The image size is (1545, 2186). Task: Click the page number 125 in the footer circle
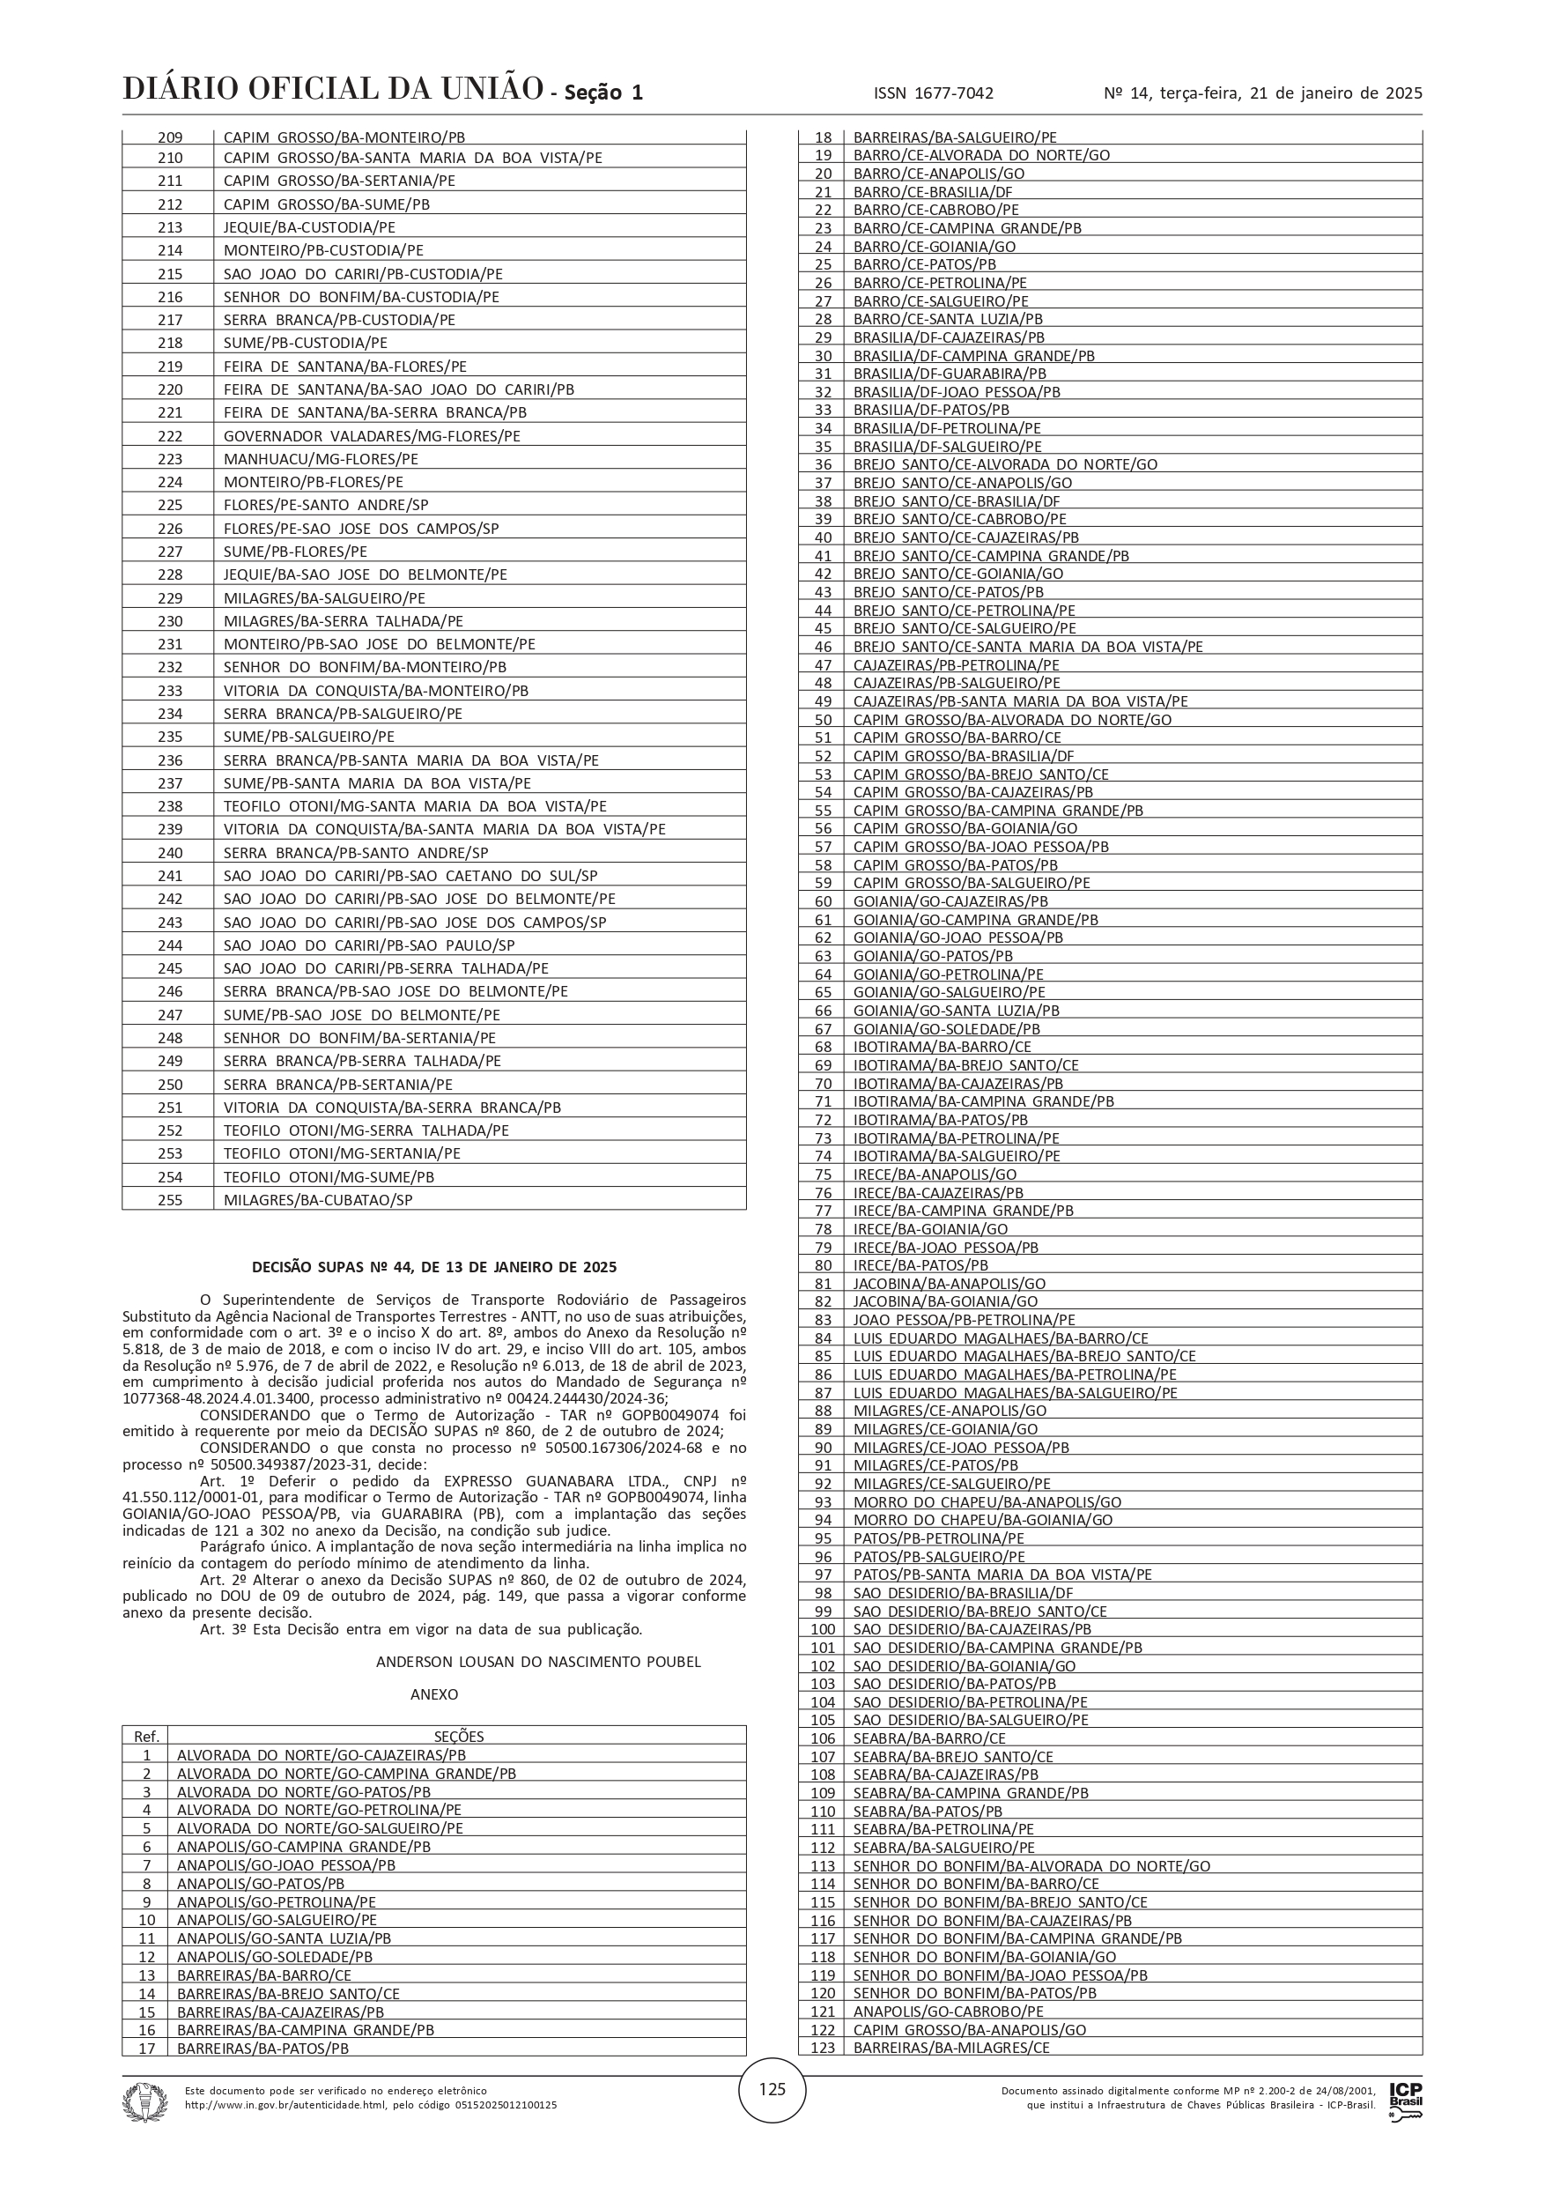[x=772, y=2089]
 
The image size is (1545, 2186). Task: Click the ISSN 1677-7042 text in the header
[x=933, y=93]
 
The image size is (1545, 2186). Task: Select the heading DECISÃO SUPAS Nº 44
[x=434, y=1267]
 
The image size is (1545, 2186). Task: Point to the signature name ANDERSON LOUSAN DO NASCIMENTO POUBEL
[x=538, y=1662]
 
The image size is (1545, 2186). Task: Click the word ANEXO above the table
[x=434, y=1693]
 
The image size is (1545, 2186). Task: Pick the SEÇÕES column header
[x=459, y=1736]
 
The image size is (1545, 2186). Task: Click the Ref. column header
[x=145, y=1736]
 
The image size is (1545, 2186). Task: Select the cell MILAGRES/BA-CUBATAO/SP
[x=318, y=1200]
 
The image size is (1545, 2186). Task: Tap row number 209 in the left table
[x=169, y=137]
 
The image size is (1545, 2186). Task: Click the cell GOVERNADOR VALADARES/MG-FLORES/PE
[x=371, y=436]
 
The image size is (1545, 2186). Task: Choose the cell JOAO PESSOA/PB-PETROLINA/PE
[x=964, y=1320]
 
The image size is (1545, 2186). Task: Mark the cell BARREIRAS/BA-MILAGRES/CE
[x=951, y=2047]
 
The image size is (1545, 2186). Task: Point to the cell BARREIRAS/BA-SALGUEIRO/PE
[x=954, y=137]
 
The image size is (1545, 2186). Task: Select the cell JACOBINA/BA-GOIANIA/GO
[x=944, y=1301]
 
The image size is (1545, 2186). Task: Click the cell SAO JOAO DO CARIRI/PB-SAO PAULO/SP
[x=368, y=945]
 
